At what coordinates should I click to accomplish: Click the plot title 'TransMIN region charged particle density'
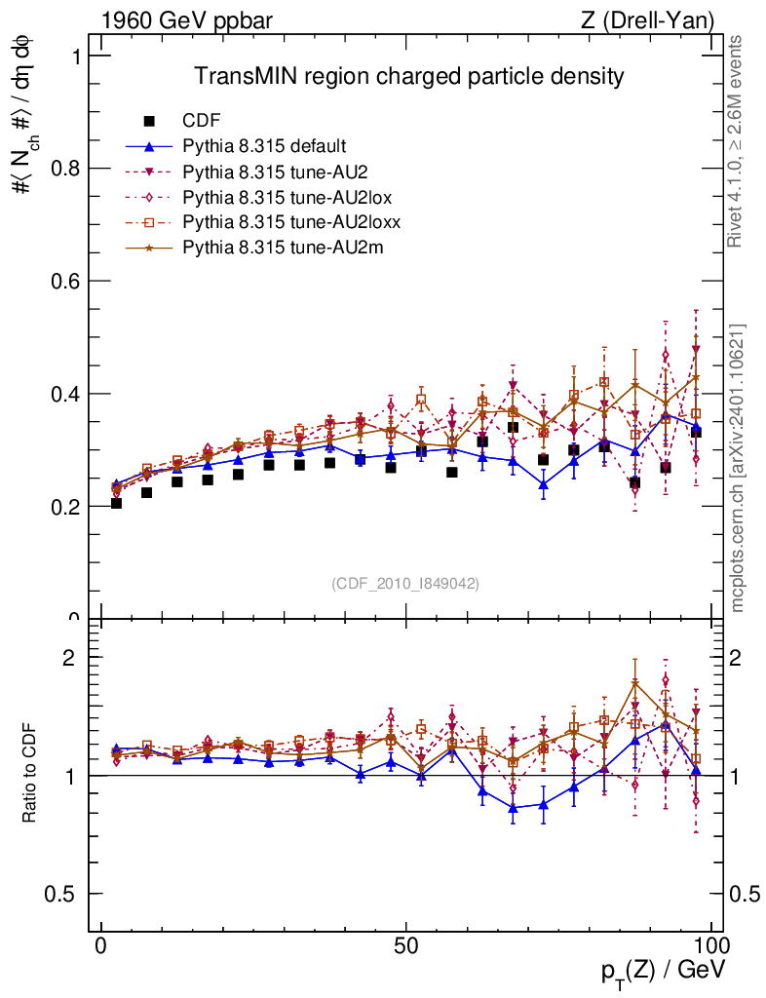[408, 76]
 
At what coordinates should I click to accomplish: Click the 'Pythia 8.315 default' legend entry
[264, 146]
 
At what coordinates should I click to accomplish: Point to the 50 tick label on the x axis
[406, 946]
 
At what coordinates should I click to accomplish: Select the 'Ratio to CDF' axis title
[31, 775]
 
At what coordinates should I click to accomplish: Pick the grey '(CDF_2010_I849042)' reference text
[405, 583]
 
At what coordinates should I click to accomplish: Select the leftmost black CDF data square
[117, 503]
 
